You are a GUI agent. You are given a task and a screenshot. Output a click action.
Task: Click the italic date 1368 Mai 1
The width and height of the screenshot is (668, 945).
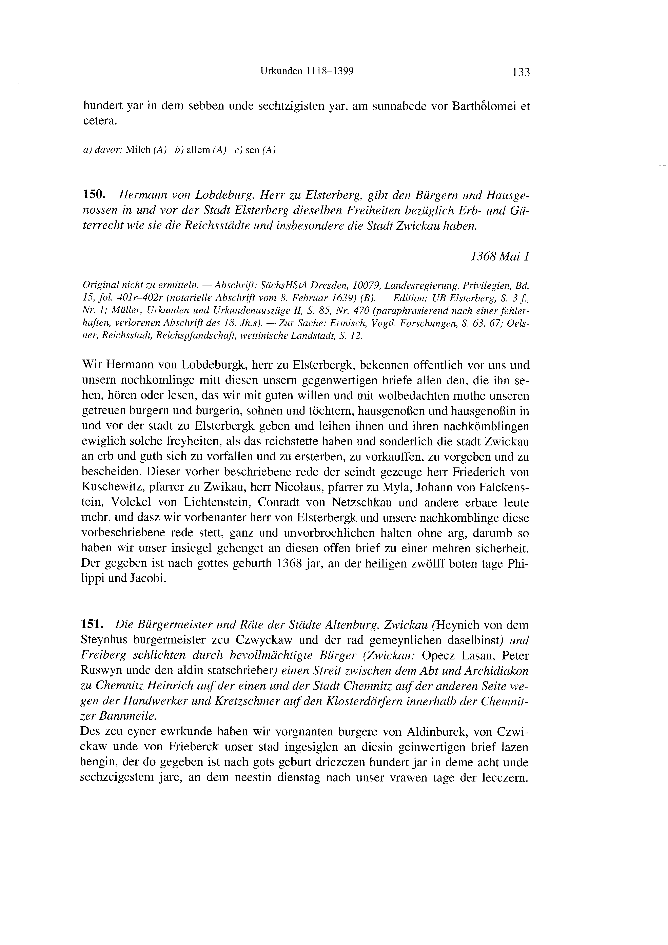[x=499, y=257]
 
